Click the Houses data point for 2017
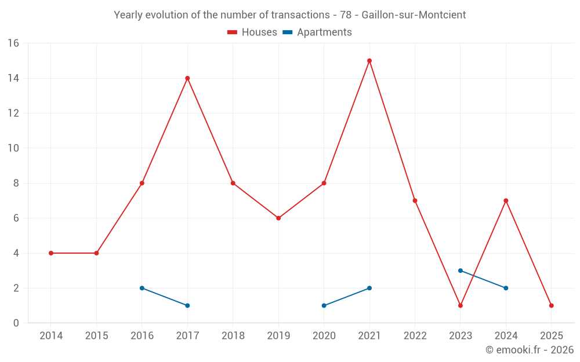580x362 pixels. pos(187,78)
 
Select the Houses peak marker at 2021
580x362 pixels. pos(369,61)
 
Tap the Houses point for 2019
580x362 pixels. pos(278,218)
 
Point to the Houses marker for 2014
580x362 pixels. pos(51,253)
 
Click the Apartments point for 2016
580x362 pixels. pos(142,288)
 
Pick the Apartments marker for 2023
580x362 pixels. pos(461,270)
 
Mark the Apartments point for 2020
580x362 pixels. pos(324,305)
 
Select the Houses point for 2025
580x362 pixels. pos(552,305)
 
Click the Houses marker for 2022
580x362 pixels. pos(415,200)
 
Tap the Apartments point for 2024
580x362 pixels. pos(506,288)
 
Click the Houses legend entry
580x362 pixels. pos(252,32)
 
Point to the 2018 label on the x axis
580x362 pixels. pos(233,336)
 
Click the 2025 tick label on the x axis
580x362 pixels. pos(552,336)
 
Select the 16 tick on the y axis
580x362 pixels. pos(13,43)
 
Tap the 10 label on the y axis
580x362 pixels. pos(13,148)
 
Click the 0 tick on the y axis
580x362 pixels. pos(16,323)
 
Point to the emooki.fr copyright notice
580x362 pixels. pos(529,350)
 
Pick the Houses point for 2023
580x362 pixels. pos(461,305)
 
